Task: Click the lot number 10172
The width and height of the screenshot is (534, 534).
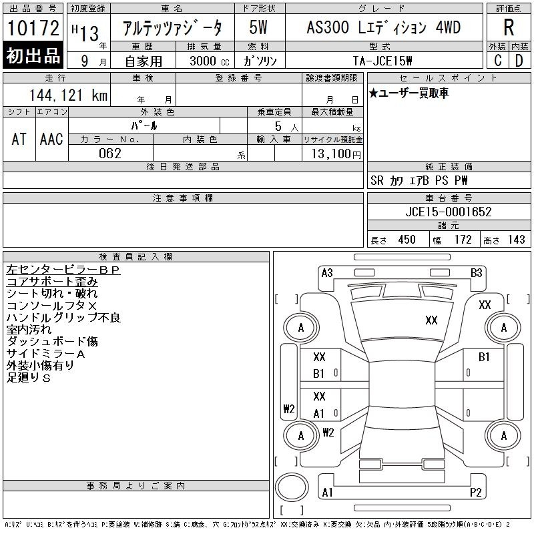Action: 33,28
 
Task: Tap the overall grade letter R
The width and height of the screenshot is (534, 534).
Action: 509,27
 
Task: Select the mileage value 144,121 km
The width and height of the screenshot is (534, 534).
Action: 68,95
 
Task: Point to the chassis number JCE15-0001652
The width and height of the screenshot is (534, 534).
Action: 449,212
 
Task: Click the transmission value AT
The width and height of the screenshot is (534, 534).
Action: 19,139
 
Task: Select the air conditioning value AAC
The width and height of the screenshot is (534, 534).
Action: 51,139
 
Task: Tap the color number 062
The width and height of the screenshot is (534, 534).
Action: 110,154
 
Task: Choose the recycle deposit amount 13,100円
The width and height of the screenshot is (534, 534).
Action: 336,154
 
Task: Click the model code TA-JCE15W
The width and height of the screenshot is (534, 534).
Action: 382,61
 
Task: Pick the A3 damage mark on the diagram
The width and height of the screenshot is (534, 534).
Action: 327,273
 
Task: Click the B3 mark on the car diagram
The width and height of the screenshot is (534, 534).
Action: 476,273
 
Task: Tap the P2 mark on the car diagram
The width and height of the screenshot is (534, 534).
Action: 475,492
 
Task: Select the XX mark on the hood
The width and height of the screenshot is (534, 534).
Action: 431,320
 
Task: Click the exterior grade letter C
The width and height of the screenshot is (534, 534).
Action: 498,60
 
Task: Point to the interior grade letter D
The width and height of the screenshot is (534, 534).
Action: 519,60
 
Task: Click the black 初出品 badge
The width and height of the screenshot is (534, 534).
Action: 33,55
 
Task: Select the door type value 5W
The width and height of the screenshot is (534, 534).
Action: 258,27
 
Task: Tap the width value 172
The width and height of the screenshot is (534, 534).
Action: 463,240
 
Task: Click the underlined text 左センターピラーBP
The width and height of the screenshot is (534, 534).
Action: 63,270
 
